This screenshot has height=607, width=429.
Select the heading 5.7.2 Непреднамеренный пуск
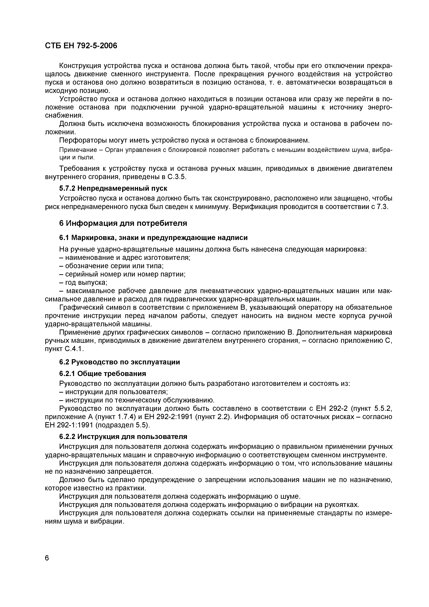point(113,188)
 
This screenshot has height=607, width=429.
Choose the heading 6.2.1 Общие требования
point(103,374)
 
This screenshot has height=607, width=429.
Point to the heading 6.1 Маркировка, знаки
point(153,238)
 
